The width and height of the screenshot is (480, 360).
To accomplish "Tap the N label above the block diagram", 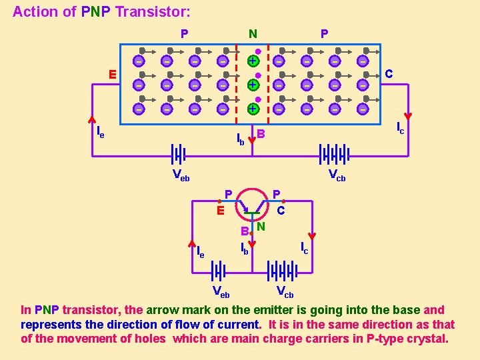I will pos(253,33).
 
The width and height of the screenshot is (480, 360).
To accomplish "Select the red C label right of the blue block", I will pos(389,74).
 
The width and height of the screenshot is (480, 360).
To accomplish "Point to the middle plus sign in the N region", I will pos(253,85).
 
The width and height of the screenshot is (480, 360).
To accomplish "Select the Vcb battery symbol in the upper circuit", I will pos(333,155).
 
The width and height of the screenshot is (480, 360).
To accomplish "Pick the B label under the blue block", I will pos(261,135).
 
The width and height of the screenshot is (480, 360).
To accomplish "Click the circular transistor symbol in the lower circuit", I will pos(253,203).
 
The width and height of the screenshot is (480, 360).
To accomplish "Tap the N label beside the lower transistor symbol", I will pos(261,227).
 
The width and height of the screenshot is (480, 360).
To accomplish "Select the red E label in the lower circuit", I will pos(219,211).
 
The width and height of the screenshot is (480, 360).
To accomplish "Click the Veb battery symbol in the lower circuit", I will pos(219,271).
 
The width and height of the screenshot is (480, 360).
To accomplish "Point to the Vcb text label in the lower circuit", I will pos(285,291).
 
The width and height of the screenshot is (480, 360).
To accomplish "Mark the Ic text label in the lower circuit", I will pos(304,248).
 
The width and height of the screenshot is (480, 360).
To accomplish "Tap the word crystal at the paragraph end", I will pos(428,338).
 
